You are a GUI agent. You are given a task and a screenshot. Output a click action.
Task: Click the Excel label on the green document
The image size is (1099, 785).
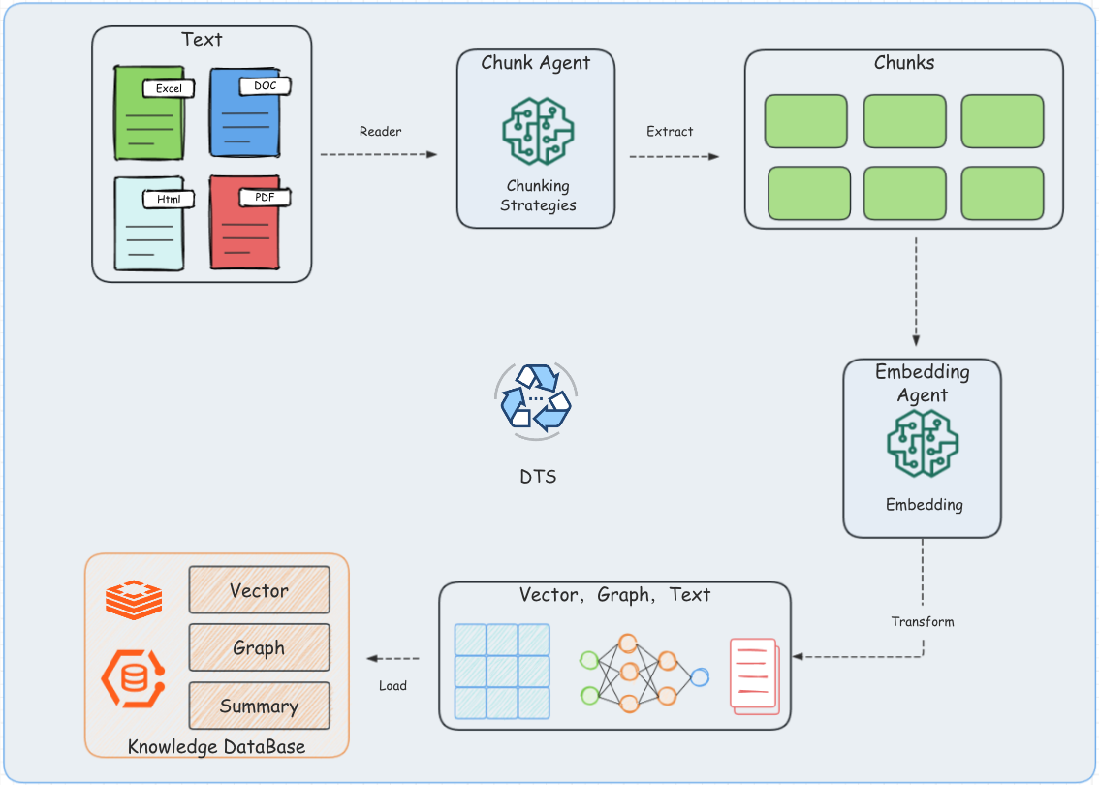coord(169,89)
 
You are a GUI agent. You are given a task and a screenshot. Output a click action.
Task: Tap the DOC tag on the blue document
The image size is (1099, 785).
coord(265,86)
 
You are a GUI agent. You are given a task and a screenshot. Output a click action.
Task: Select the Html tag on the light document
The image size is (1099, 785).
coord(169,200)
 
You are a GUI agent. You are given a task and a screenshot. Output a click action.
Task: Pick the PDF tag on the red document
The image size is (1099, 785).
coord(265,198)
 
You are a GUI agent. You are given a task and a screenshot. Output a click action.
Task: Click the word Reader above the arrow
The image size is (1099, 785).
coord(380,132)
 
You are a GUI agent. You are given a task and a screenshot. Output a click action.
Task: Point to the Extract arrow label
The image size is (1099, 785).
coord(670,132)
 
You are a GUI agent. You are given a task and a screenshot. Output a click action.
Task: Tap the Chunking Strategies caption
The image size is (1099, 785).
coord(538,195)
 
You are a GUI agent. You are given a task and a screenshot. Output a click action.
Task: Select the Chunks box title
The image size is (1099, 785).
coord(903,63)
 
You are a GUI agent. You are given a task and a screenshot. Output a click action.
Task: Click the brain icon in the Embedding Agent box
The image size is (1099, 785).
coord(923,443)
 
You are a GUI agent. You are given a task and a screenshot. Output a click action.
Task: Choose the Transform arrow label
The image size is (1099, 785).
coord(923,621)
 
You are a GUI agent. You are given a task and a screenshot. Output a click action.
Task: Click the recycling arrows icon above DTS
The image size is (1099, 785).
coord(536,396)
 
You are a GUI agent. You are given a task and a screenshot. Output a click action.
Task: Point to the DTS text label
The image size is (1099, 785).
coord(538,477)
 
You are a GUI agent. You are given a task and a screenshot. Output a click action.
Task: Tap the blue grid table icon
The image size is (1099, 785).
coord(502,671)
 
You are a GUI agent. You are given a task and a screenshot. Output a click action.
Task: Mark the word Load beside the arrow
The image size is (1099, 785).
coord(392,685)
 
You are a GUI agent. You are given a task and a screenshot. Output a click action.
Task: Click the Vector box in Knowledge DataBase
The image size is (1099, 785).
coord(259,590)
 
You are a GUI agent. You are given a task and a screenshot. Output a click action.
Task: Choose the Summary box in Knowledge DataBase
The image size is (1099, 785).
coord(259,706)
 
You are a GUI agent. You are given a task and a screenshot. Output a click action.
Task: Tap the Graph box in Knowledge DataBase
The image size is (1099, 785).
coord(259,648)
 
